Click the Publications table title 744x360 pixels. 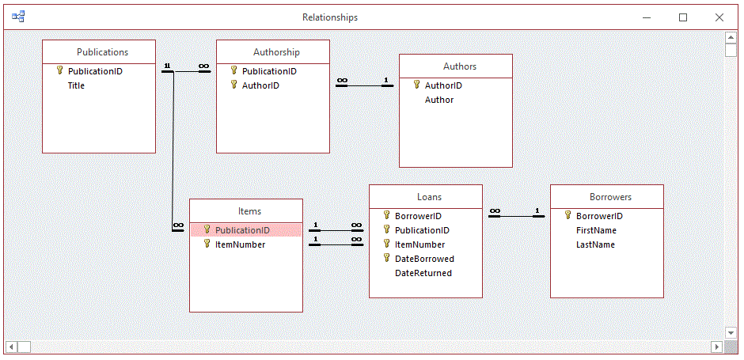pyautogui.click(x=102, y=52)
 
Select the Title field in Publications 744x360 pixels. pyautogui.click(x=76, y=85)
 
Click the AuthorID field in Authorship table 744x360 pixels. pyautogui.click(x=260, y=85)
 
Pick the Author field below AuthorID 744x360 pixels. pyautogui.click(x=439, y=100)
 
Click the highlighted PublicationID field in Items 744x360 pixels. pyautogui.click(x=242, y=230)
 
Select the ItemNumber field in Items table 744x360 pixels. pyautogui.click(x=240, y=244)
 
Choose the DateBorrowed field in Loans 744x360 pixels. pyautogui.click(x=424, y=259)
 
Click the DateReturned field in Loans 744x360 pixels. pyautogui.click(x=423, y=273)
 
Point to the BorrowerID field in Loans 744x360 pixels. pyautogui.click(x=418, y=216)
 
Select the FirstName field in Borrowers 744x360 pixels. pyautogui.click(x=596, y=230)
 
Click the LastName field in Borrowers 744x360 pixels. pyautogui.click(x=595, y=244)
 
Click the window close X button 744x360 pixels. pyautogui.click(x=719, y=17)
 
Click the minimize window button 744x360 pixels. pyautogui.click(x=647, y=17)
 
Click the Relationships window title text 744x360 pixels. pyautogui.click(x=330, y=17)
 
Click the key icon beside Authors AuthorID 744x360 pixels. pyautogui.click(x=416, y=85)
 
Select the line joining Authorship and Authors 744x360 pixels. pyautogui.click(x=364, y=85)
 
